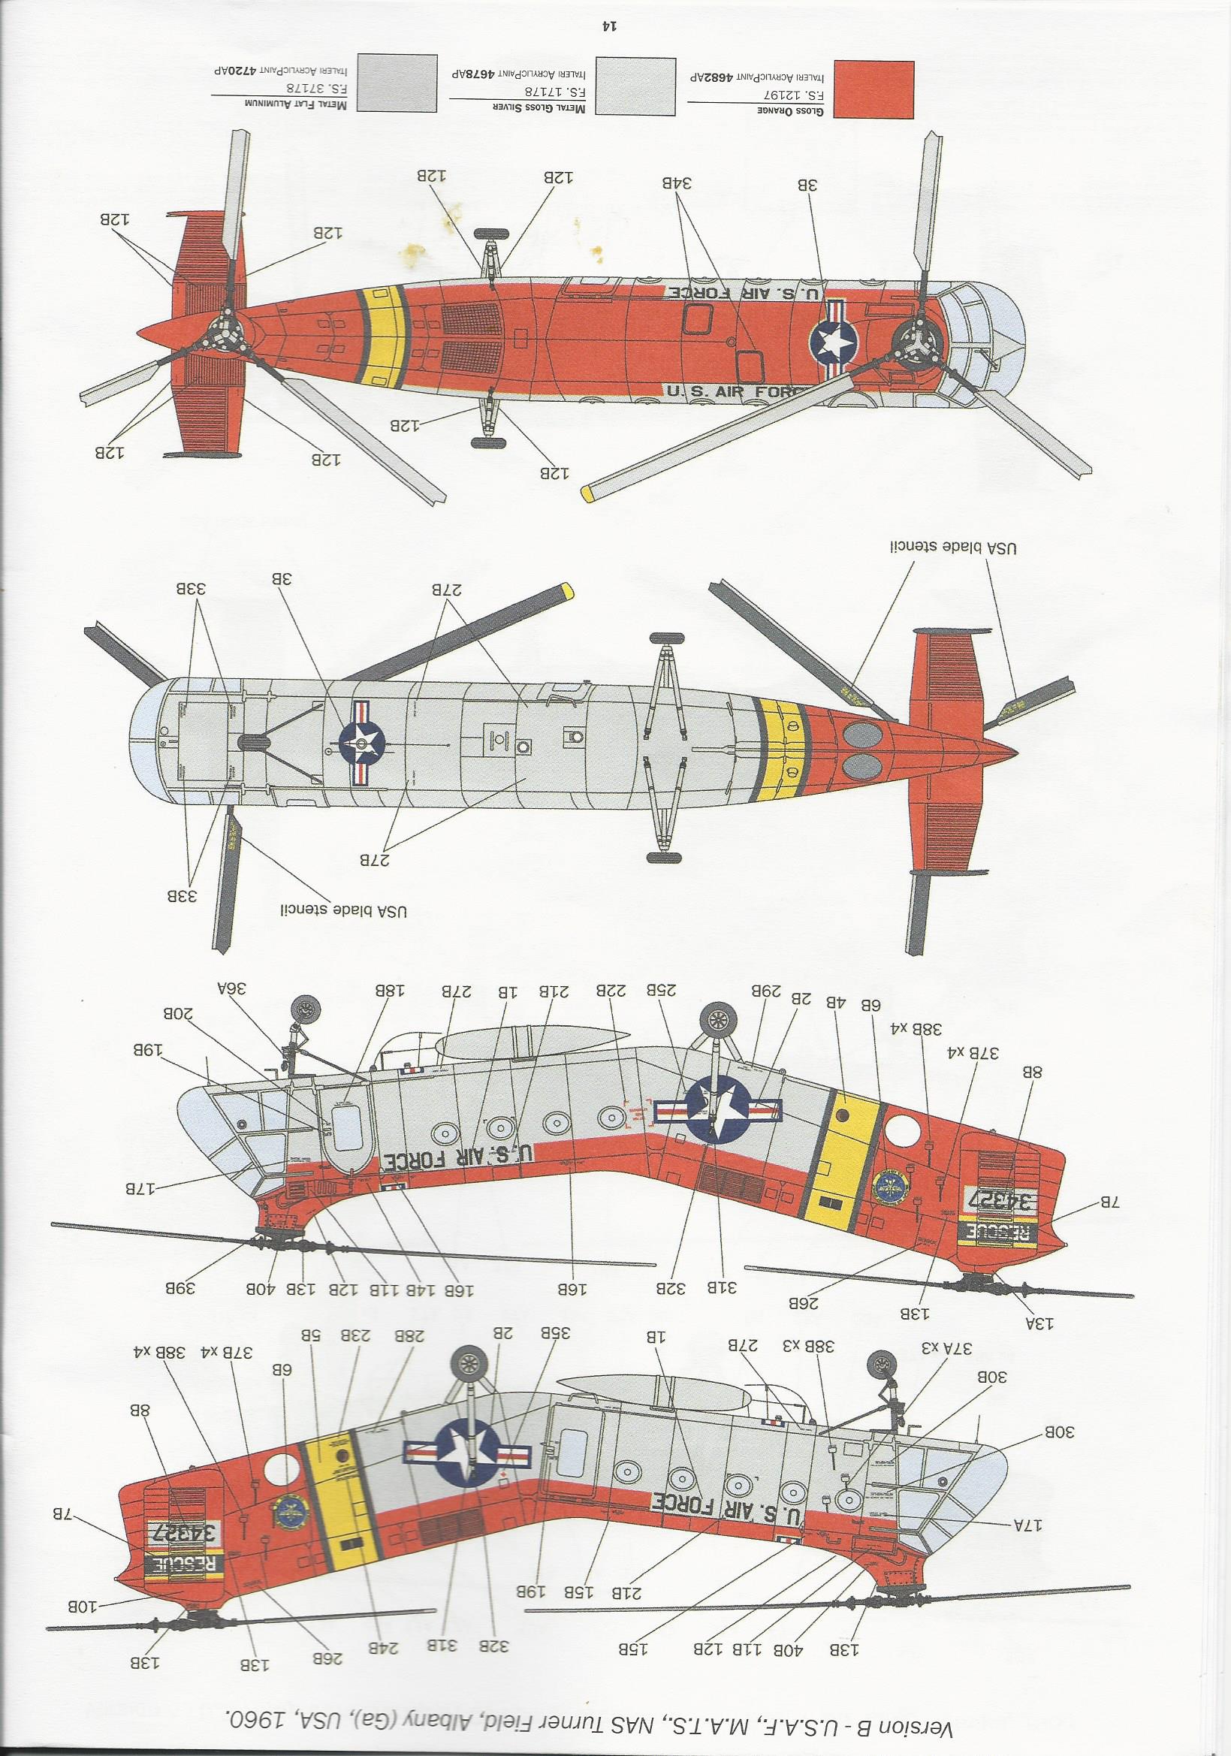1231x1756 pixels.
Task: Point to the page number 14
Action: click(x=609, y=26)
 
